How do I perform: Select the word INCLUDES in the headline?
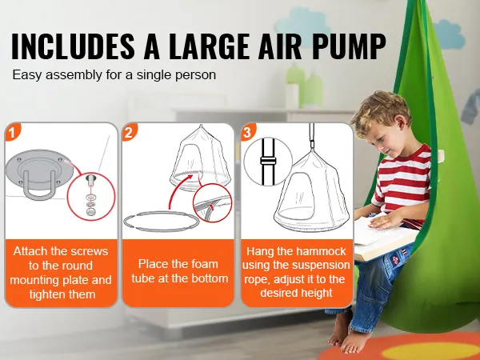[x=73, y=46]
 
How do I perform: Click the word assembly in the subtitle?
[x=74, y=75]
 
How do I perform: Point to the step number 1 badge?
[x=12, y=132]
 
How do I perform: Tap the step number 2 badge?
[x=129, y=132]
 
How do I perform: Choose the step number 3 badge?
[x=247, y=132]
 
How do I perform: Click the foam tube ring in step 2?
[x=162, y=222]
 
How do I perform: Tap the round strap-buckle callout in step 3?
[x=268, y=162]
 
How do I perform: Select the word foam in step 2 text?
[x=205, y=264]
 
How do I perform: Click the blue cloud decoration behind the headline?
[x=302, y=26]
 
